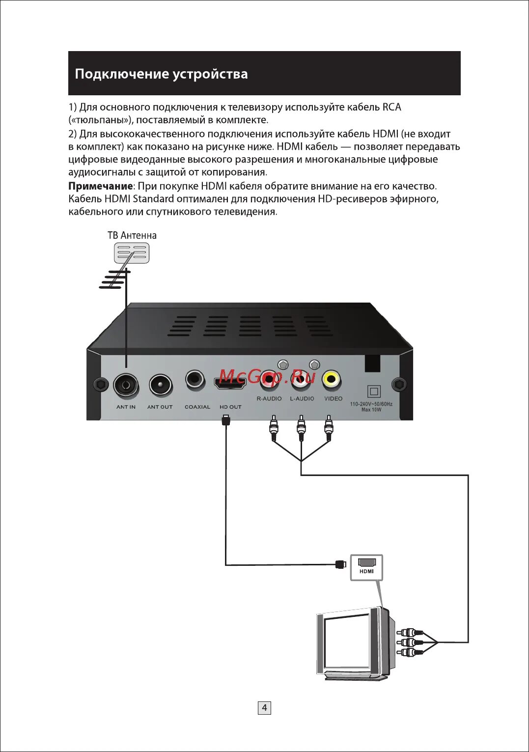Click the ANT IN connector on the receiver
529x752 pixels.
[126, 385]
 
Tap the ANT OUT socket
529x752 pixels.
[161, 385]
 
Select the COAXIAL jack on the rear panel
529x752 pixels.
[195, 380]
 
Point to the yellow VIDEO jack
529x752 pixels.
[332, 379]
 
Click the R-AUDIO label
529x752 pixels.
[269, 399]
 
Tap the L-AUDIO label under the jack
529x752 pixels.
[302, 399]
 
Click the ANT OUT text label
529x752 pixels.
[160, 407]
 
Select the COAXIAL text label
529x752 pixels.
[197, 407]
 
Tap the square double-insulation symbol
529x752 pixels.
[374, 391]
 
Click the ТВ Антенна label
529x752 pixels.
[132, 236]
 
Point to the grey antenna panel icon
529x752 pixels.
[132, 253]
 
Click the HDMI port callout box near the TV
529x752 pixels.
[366, 567]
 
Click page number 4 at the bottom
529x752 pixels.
[264, 708]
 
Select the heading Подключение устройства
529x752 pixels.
[161, 74]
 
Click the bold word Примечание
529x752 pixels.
[100, 186]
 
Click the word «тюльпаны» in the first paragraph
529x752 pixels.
[101, 120]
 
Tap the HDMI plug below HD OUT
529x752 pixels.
[226, 420]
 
